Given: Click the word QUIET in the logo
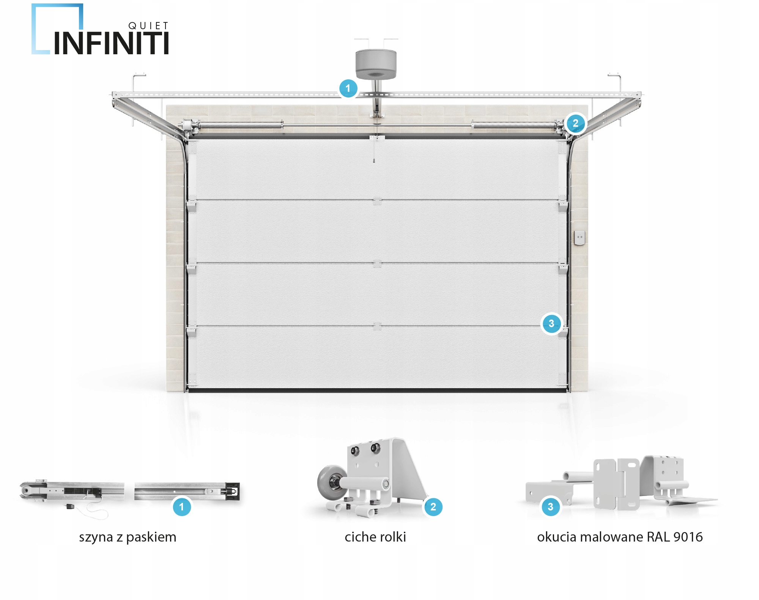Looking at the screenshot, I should (x=148, y=26).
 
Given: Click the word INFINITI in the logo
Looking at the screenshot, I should (x=111, y=44).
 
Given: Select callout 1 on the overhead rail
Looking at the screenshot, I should (x=348, y=88).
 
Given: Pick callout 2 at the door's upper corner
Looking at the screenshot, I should (x=575, y=123).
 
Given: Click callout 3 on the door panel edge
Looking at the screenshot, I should (x=551, y=324).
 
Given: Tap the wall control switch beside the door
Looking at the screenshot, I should (x=579, y=238).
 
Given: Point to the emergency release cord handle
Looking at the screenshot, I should (x=374, y=161).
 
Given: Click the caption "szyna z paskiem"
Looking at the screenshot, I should (x=128, y=537).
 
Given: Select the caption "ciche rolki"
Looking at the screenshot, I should (x=375, y=537).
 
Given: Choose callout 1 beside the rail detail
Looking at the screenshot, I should (x=181, y=507).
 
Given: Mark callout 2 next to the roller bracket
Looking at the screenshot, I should (x=433, y=507).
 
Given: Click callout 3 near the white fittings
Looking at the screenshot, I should (x=550, y=507).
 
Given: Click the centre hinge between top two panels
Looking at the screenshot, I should (x=377, y=202).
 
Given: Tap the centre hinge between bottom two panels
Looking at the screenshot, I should (x=377, y=326).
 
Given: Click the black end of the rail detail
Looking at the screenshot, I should (x=232, y=491).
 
